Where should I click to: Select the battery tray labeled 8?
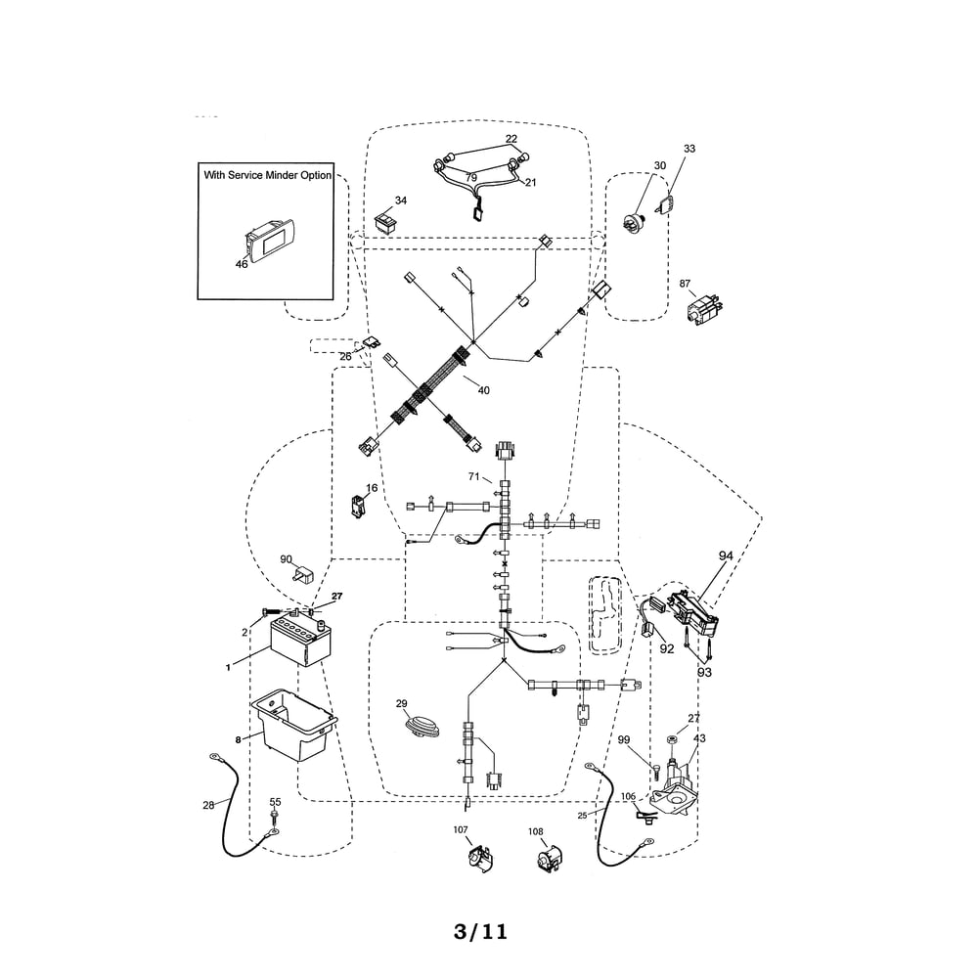pyautogui.click(x=293, y=724)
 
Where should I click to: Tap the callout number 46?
pyautogui.click(x=242, y=264)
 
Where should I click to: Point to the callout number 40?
pyautogui.click(x=483, y=390)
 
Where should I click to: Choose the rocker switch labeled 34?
pyautogui.click(x=384, y=221)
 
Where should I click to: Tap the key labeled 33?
pyautogui.click(x=666, y=204)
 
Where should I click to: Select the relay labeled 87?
pyautogui.click(x=704, y=309)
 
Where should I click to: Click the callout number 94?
pyautogui.click(x=726, y=556)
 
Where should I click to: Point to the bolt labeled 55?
pyautogui.click(x=275, y=819)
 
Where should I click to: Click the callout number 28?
pyautogui.click(x=208, y=805)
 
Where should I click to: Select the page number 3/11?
pyautogui.click(x=480, y=932)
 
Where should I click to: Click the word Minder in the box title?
pyautogui.click(x=280, y=175)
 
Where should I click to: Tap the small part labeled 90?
pyautogui.click(x=304, y=574)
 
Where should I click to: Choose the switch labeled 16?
pyautogui.click(x=358, y=507)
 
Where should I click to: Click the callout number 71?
pyautogui.click(x=474, y=476)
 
